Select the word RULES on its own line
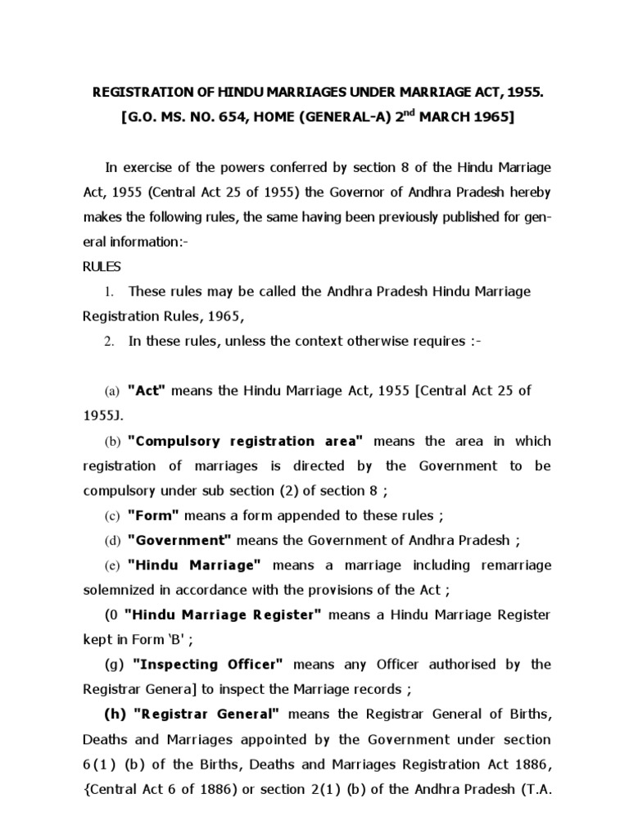[x=102, y=266]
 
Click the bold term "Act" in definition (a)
[x=147, y=391]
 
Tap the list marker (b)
[x=111, y=442]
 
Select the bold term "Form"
[x=154, y=515]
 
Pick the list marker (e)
[x=111, y=565]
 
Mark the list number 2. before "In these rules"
[x=108, y=342]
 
